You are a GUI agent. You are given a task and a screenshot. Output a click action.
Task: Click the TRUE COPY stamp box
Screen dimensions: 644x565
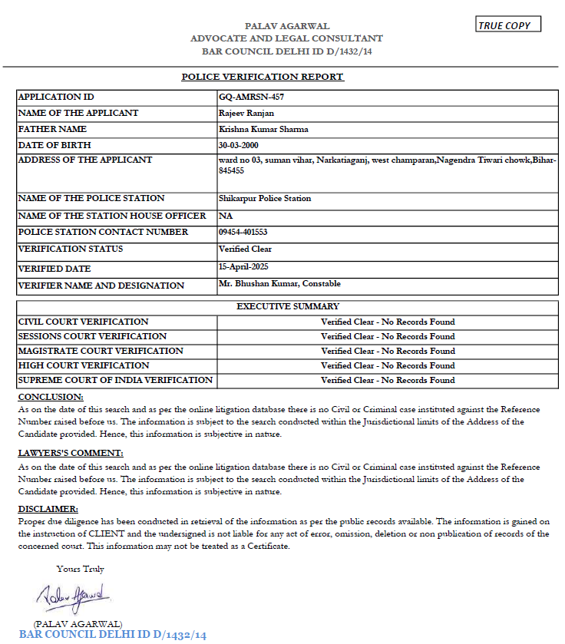tap(508, 25)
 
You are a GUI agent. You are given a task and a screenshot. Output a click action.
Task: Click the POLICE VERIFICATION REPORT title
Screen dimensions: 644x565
tap(263, 77)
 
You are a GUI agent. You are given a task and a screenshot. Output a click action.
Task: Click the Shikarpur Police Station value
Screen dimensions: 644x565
tap(264, 198)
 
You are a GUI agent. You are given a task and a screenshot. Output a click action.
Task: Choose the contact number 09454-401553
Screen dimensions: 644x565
tap(243, 232)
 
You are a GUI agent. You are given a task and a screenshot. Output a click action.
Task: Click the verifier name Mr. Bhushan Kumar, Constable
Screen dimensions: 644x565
tap(279, 283)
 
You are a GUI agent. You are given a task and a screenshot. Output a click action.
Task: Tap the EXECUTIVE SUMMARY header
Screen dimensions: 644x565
tap(287, 307)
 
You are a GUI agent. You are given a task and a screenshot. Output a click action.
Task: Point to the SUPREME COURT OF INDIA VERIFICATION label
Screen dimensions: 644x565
tap(115, 380)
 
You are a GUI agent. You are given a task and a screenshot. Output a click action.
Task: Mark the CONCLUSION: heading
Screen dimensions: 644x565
tap(51, 397)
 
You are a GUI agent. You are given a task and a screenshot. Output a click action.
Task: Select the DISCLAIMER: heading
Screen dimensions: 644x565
tap(48, 509)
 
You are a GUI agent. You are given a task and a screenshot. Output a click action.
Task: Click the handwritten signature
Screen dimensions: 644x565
tap(73, 595)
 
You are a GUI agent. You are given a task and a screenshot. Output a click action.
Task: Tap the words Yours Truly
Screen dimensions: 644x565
tap(80, 569)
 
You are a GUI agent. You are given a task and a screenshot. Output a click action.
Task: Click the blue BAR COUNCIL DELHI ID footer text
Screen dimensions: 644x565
tap(112, 635)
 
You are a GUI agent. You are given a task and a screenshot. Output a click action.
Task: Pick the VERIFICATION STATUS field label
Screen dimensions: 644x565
tap(70, 249)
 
